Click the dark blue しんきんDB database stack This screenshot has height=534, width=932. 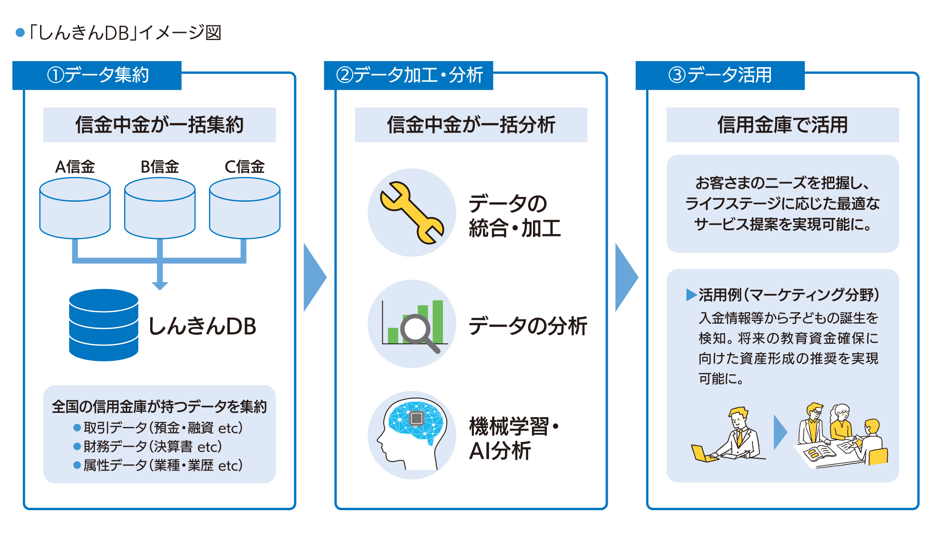[103, 325]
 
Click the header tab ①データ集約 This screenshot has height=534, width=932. [97, 75]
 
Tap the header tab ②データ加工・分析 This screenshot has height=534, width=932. [409, 75]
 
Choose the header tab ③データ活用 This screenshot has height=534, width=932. [720, 75]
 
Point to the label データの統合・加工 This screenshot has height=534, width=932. [514, 216]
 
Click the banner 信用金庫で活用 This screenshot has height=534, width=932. [782, 125]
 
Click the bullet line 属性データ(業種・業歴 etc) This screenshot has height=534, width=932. [162, 465]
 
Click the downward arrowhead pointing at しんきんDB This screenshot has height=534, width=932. [160, 285]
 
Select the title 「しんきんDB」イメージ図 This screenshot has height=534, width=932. [124, 33]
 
